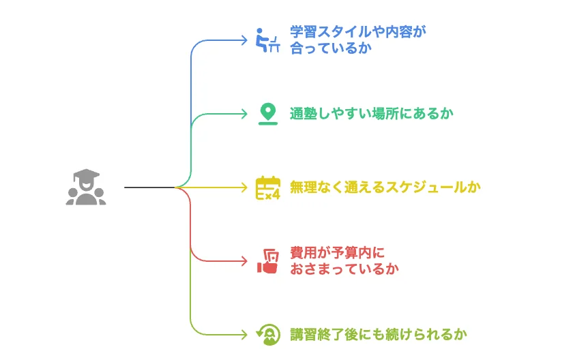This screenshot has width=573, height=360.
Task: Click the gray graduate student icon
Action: tap(86, 187)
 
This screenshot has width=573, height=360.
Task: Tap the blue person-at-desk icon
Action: tap(267, 40)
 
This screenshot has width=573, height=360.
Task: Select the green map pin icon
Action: tap(267, 113)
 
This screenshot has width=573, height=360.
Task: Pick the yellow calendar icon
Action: tap(267, 187)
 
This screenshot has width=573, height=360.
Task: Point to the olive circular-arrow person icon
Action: tap(267, 334)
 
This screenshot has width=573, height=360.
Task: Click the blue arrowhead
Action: tap(244, 40)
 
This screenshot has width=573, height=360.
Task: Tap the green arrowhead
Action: tap(244, 113)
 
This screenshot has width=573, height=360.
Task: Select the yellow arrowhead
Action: tap(244, 187)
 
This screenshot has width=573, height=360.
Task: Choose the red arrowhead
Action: tap(244, 260)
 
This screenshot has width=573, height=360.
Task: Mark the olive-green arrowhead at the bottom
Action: tap(244, 334)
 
